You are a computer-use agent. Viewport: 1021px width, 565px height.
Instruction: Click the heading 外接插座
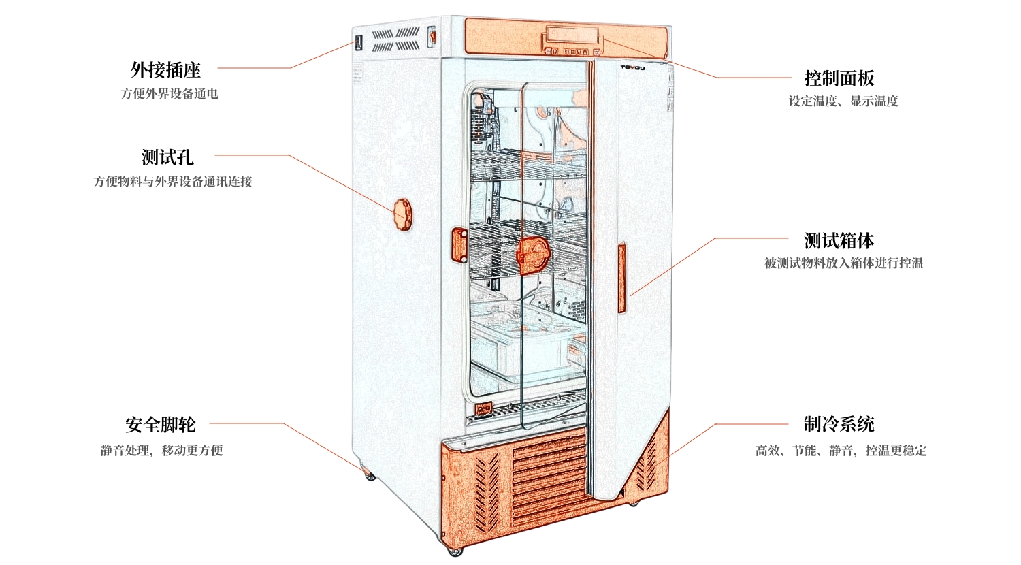[x=165, y=69]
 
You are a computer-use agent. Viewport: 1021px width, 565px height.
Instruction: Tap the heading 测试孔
[x=167, y=157]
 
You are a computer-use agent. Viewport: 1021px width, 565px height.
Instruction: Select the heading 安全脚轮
[x=161, y=425]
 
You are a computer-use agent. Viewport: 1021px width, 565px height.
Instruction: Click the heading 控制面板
[x=839, y=78]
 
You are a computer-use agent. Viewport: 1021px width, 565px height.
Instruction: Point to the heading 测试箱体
[x=839, y=240]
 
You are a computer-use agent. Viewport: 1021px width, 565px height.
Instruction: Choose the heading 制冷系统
[x=839, y=424]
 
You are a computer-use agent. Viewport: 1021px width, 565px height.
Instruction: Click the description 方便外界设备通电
[x=169, y=94]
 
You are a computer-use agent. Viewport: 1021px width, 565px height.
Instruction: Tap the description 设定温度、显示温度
[x=843, y=101]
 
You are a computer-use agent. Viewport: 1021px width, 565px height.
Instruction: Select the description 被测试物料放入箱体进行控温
[x=844, y=263]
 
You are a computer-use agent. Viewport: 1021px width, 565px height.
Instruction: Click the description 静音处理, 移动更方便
[x=162, y=451]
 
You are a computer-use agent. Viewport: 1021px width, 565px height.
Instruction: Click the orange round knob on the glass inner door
[x=532, y=255]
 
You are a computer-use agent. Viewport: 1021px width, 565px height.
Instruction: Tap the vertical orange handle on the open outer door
[x=621, y=277]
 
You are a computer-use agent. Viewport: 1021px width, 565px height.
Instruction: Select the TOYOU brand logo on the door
[x=632, y=67]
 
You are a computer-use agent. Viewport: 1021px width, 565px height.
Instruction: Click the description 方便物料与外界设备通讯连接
[x=173, y=182]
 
